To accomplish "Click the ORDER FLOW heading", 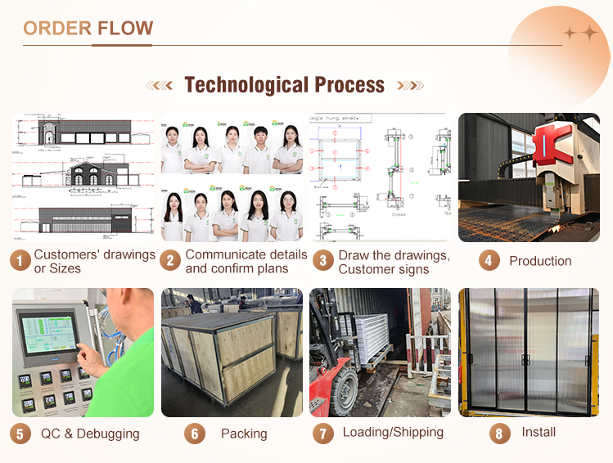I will pyautogui.click(x=88, y=29).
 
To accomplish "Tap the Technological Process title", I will pyautogui.click(x=284, y=85).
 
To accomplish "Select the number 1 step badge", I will pyautogui.click(x=20, y=261).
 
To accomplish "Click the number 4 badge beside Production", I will pyautogui.click(x=489, y=261).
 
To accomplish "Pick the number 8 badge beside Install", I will pyautogui.click(x=500, y=433).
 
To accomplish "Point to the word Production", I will pyautogui.click(x=540, y=261).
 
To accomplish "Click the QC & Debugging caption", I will pyautogui.click(x=90, y=434).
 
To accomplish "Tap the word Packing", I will pyautogui.click(x=244, y=434).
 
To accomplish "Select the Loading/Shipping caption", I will pyautogui.click(x=393, y=432).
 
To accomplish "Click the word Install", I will pyautogui.click(x=539, y=432).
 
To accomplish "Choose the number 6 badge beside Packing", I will pyautogui.click(x=194, y=433).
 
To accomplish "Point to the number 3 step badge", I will pyautogui.click(x=323, y=261).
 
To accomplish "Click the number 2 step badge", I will pyautogui.click(x=171, y=261).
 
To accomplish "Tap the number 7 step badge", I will pyautogui.click(x=323, y=433).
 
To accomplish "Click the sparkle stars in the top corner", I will pyautogui.click(x=581, y=33).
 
